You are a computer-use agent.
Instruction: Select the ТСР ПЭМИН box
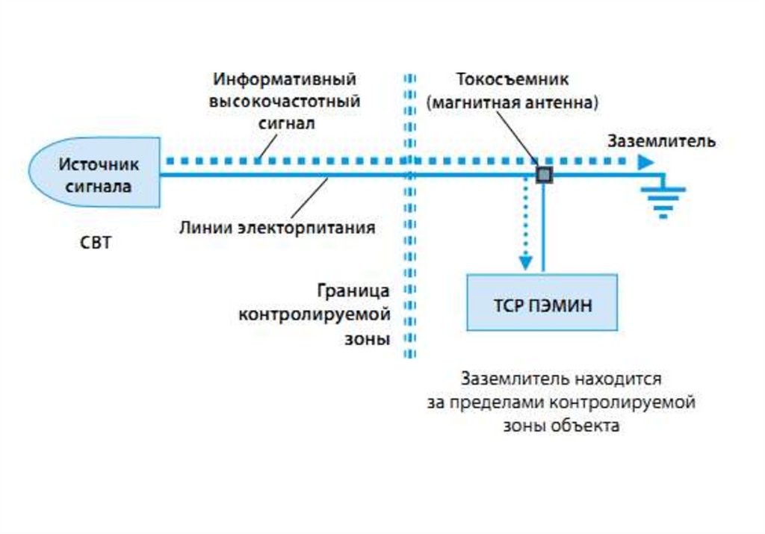(x=542, y=302)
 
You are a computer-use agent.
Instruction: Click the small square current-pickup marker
(x=543, y=175)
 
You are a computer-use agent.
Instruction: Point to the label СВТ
(x=96, y=244)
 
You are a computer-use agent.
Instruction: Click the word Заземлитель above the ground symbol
(x=662, y=140)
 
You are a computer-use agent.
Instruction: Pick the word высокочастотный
(x=285, y=101)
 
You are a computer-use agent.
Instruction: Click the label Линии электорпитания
(x=276, y=227)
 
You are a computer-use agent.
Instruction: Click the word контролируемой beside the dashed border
(x=315, y=314)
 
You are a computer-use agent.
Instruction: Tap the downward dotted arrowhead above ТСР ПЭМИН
(x=526, y=262)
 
